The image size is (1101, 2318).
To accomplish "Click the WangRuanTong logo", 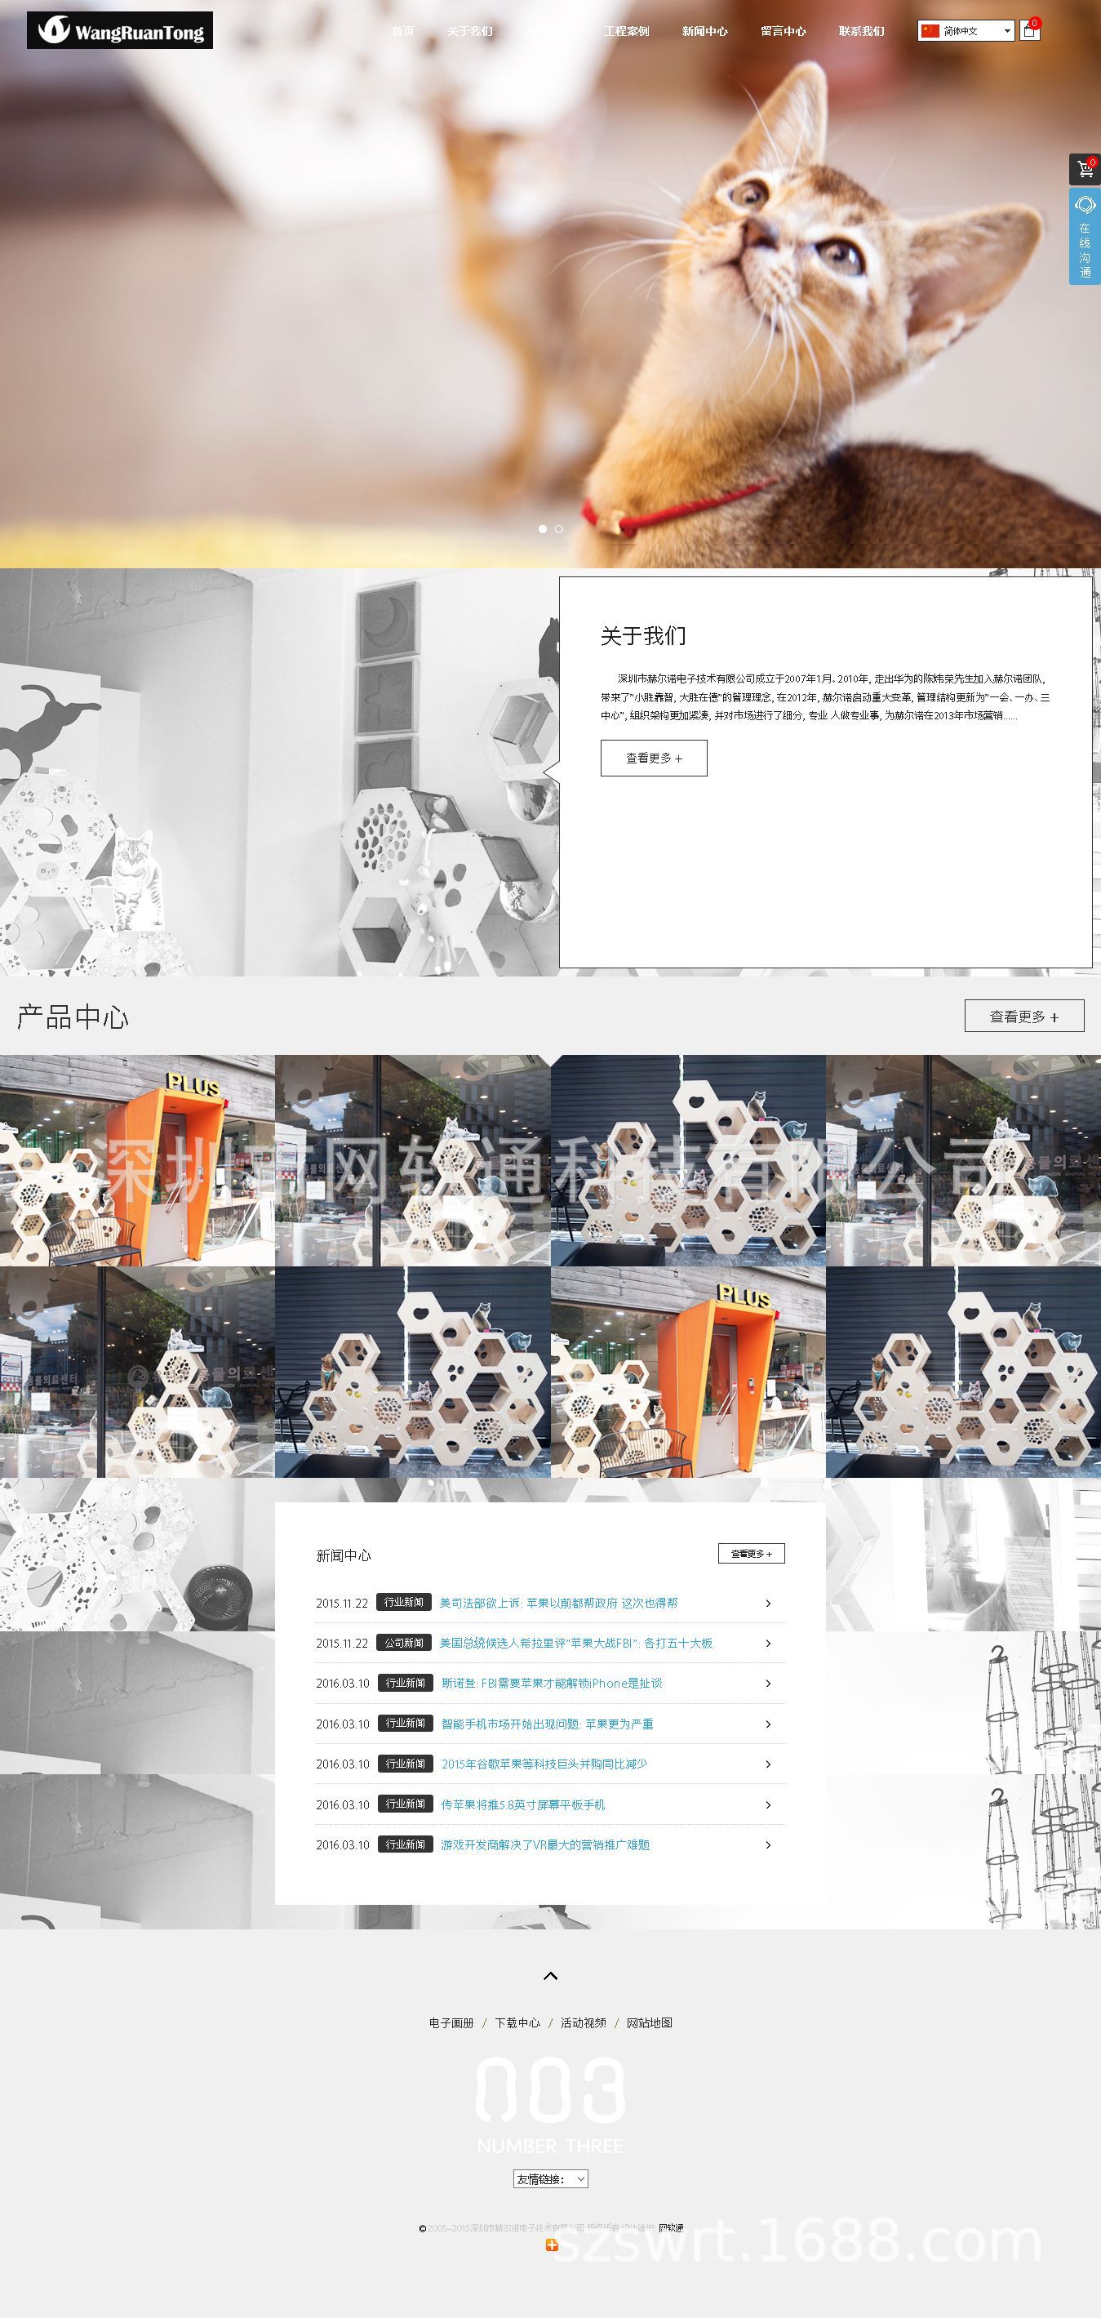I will coord(120,30).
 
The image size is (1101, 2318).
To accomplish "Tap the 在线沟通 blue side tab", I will coord(1085,238).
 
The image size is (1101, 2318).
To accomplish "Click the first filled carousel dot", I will coord(543,529).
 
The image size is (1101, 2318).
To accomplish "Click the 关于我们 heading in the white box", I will coord(643,636).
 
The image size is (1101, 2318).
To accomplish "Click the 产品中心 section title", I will coord(73,1017).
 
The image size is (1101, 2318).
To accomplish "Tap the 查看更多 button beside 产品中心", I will coord(1023,1016).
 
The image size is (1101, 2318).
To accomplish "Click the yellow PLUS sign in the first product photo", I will coord(193,1084).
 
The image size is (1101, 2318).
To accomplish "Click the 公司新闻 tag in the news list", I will coord(404,1642).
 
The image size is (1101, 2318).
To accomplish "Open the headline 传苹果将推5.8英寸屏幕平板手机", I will coord(522,1804).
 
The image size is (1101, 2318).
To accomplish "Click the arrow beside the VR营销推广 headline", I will coord(767,1844).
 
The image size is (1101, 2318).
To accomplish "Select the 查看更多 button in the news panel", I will coord(751,1553).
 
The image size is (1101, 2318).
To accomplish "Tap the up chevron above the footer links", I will coord(550,1976).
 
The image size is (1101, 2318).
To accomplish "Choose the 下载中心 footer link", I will coord(517,2023).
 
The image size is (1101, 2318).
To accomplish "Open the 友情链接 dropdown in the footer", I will coord(550,2178).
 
